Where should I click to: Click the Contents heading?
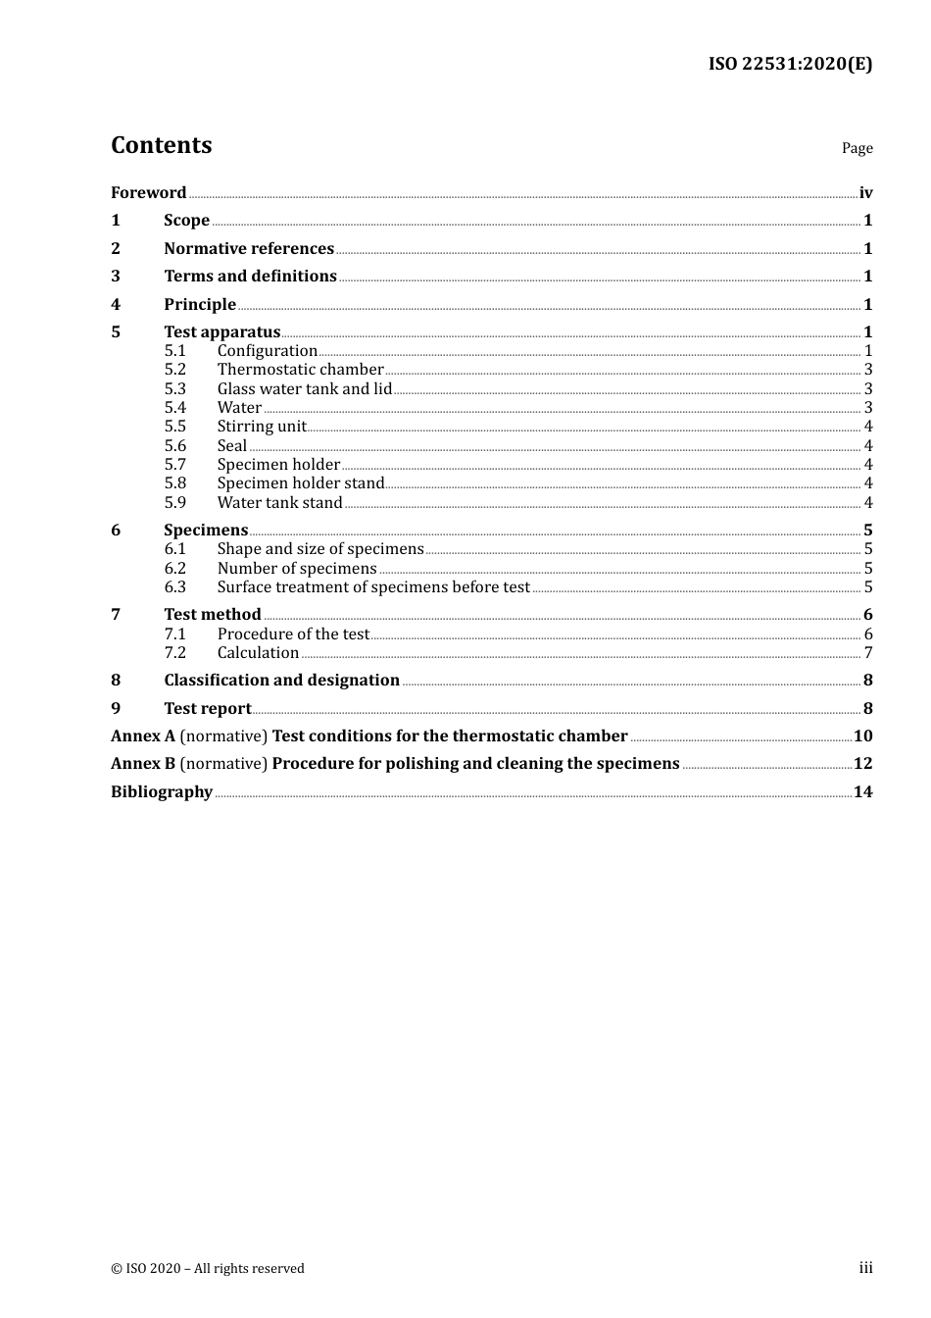click(161, 145)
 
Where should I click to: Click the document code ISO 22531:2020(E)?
click(790, 64)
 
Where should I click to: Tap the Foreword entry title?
click(148, 192)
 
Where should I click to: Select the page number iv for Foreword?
click(865, 192)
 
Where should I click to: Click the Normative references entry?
click(249, 248)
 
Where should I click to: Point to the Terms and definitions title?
click(250, 276)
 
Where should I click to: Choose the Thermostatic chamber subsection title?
click(300, 370)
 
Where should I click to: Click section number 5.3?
click(174, 388)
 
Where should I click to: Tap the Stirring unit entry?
click(262, 427)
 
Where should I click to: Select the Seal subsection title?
click(232, 445)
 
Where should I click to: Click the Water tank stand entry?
click(279, 502)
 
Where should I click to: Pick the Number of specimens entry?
click(297, 569)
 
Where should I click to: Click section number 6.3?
click(174, 587)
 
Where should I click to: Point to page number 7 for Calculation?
click(868, 653)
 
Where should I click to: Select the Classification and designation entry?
click(281, 680)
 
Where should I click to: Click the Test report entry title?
click(207, 708)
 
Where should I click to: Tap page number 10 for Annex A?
click(862, 735)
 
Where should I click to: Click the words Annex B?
click(143, 763)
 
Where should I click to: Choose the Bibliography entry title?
click(162, 791)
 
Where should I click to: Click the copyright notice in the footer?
click(208, 1268)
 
